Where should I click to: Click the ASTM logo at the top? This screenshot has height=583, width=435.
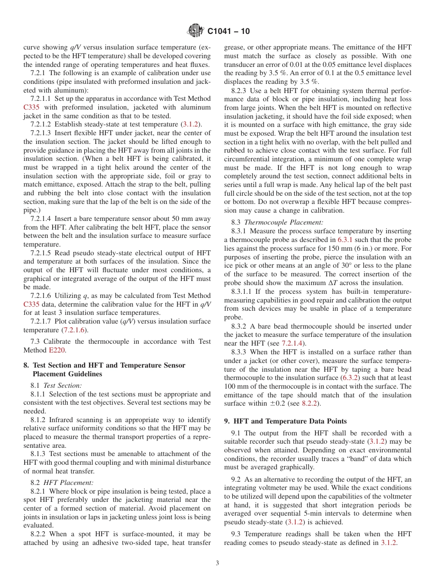tap(196, 31)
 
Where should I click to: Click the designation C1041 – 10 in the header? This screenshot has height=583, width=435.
tap(228, 31)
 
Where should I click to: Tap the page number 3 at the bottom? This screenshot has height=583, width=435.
tap(217, 563)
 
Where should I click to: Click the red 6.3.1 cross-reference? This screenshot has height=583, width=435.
tap(345, 240)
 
